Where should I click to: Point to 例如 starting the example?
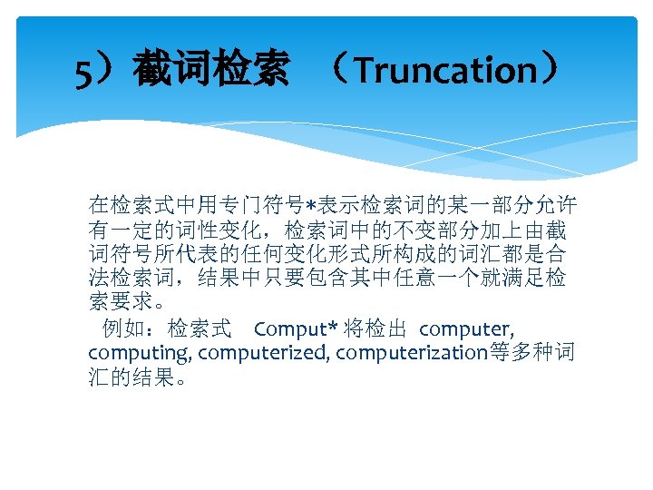click(x=122, y=328)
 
